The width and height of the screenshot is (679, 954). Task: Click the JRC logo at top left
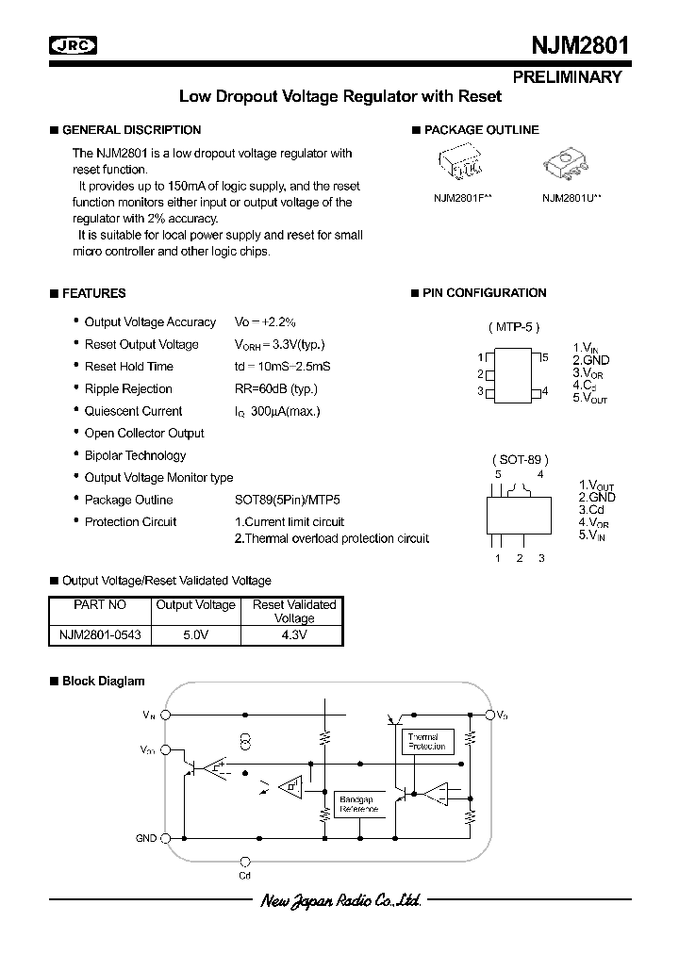click(x=74, y=44)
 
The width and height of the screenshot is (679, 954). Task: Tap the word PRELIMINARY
click(x=568, y=77)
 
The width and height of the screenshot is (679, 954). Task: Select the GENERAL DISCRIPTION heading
click(x=131, y=130)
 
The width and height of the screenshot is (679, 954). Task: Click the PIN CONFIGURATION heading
click(x=484, y=293)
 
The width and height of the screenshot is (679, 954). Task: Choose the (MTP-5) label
click(x=514, y=326)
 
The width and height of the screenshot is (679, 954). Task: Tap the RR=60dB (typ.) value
click(x=275, y=388)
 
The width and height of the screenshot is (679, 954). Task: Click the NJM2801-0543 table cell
click(x=94, y=635)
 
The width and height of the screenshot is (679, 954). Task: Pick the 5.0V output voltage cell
click(x=195, y=635)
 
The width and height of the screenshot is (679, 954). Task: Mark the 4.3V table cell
click(x=293, y=635)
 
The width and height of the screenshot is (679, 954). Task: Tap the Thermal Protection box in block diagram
click(x=427, y=741)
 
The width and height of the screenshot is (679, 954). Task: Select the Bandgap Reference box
click(x=357, y=804)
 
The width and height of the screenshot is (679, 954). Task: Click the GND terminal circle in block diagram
click(x=166, y=837)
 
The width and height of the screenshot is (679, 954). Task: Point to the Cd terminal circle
click(x=245, y=861)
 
